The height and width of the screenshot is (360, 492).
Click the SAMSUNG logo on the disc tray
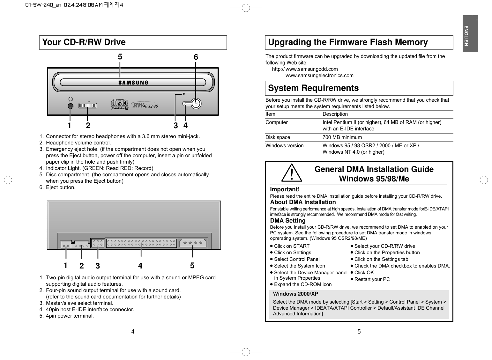click(133, 83)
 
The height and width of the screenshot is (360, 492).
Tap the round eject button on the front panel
click(196, 104)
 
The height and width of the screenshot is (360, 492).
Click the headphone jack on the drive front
click(71, 106)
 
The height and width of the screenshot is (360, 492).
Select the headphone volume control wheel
click(88, 106)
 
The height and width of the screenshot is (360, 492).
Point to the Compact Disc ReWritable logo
click(118, 104)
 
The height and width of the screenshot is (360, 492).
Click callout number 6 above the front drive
click(196, 57)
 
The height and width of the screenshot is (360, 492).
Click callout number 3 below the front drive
click(175, 126)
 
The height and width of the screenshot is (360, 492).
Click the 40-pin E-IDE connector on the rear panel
click(141, 243)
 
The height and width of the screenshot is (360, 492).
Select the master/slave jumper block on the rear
click(98, 243)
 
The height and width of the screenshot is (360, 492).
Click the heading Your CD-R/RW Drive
click(84, 42)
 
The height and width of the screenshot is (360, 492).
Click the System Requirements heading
click(313, 88)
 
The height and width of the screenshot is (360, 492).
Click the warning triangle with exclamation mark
click(292, 173)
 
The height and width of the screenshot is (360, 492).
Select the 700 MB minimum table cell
click(342, 137)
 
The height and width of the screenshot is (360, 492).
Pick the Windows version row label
click(284, 146)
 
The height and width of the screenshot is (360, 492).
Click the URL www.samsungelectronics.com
click(319, 76)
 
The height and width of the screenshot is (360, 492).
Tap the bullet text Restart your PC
click(372, 279)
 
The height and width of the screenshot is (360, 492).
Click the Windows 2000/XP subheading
click(295, 294)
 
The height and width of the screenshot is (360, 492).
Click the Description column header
click(335, 114)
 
